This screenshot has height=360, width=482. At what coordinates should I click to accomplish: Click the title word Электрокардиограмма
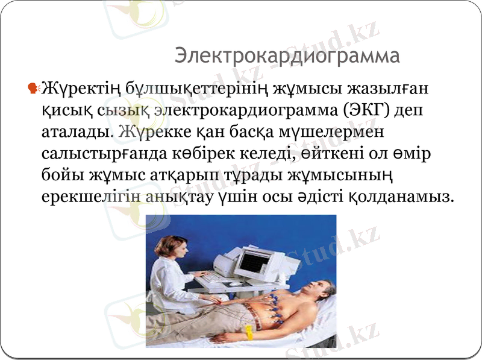tap(287, 56)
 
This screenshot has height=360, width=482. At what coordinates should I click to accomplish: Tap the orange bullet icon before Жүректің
tap(34, 89)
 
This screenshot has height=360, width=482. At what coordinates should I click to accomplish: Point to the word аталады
tap(77, 131)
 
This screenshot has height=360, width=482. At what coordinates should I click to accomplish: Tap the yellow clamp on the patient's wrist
tap(249, 332)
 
